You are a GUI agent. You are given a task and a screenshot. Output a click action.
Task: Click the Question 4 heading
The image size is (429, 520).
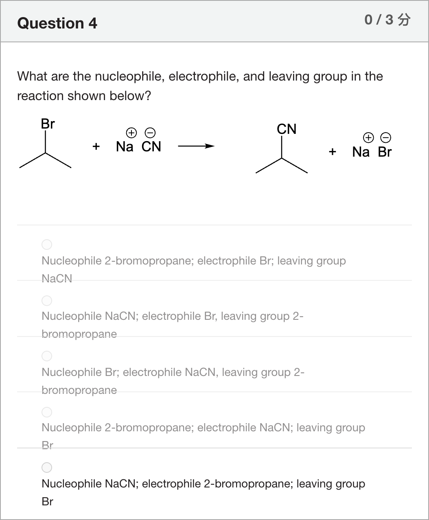pyautogui.click(x=57, y=24)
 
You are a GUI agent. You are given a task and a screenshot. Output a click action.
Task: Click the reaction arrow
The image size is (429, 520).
pyautogui.click(x=196, y=146)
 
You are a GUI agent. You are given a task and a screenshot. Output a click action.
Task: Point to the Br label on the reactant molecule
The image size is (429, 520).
pyautogui.click(x=48, y=124)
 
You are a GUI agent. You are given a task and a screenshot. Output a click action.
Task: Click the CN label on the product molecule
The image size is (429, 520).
pyautogui.click(x=287, y=129)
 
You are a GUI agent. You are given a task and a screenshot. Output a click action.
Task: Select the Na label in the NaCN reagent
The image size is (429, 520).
pyautogui.click(x=125, y=146)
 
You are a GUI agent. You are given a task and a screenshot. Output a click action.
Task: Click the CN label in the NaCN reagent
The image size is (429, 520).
pyautogui.click(x=151, y=146)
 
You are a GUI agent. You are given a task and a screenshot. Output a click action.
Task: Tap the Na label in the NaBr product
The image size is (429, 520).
pyautogui.click(x=361, y=152)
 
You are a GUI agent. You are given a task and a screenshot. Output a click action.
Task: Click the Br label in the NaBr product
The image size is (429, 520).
pyautogui.click(x=385, y=152)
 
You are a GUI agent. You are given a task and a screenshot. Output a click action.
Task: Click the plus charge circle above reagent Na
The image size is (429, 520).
pyautogui.click(x=131, y=133)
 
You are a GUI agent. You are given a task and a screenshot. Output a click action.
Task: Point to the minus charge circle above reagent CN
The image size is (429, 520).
pyautogui.click(x=150, y=133)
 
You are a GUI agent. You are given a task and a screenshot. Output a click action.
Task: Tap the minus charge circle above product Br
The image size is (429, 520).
pyautogui.click(x=385, y=138)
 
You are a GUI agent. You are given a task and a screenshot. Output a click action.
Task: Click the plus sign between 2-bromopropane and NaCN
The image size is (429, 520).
pyautogui.click(x=96, y=146)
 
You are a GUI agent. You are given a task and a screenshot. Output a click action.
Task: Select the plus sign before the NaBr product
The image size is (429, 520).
pyautogui.click(x=333, y=151)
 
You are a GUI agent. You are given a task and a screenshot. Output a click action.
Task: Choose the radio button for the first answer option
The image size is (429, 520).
pyautogui.click(x=47, y=245)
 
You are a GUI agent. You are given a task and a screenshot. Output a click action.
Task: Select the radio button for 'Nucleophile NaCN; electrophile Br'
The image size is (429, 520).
pyautogui.click(x=47, y=301)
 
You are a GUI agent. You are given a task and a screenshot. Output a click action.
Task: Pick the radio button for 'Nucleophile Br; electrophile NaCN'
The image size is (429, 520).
pyautogui.click(x=47, y=356)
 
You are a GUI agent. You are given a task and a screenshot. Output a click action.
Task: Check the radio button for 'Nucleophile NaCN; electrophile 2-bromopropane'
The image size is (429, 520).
pyautogui.click(x=47, y=468)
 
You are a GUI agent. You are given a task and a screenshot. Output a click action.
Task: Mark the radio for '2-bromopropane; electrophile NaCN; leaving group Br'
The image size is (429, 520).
pyautogui.click(x=47, y=412)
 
